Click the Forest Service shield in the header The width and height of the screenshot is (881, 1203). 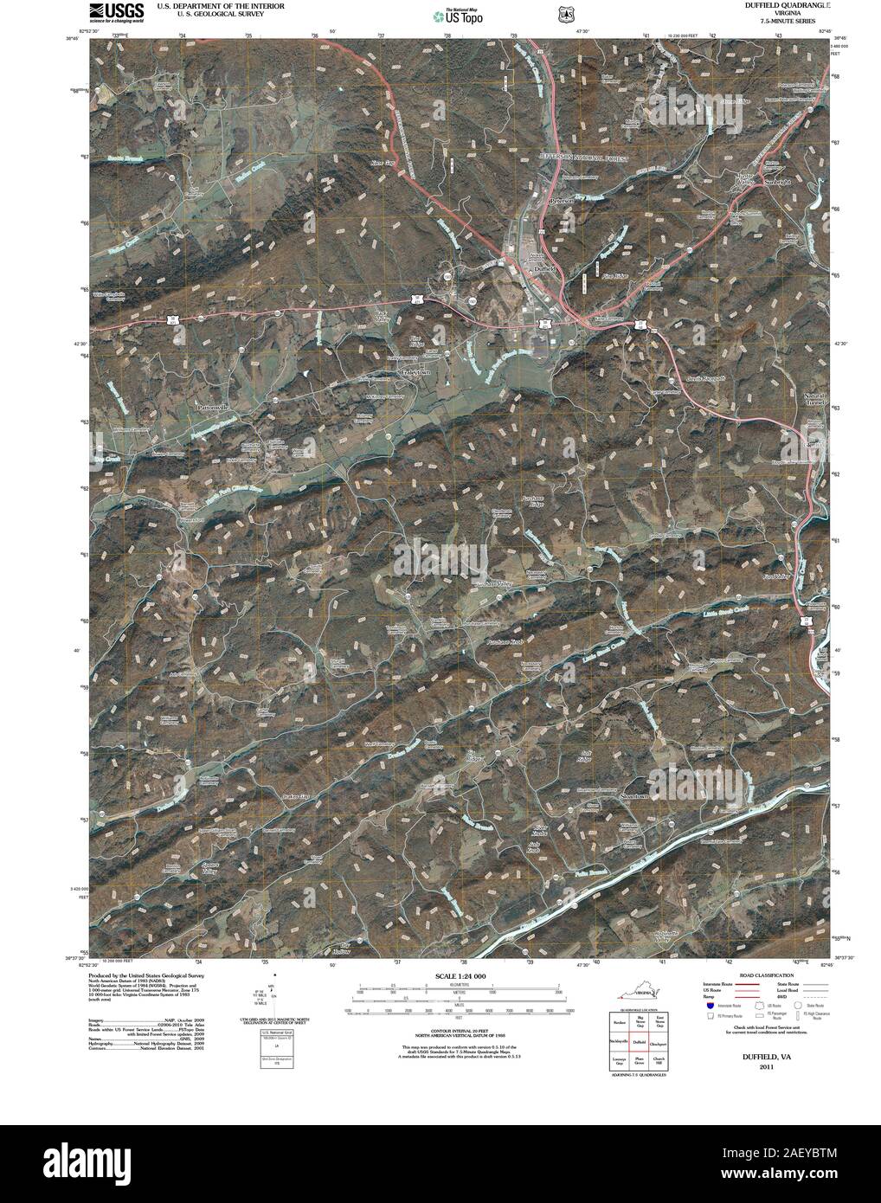(566, 14)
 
